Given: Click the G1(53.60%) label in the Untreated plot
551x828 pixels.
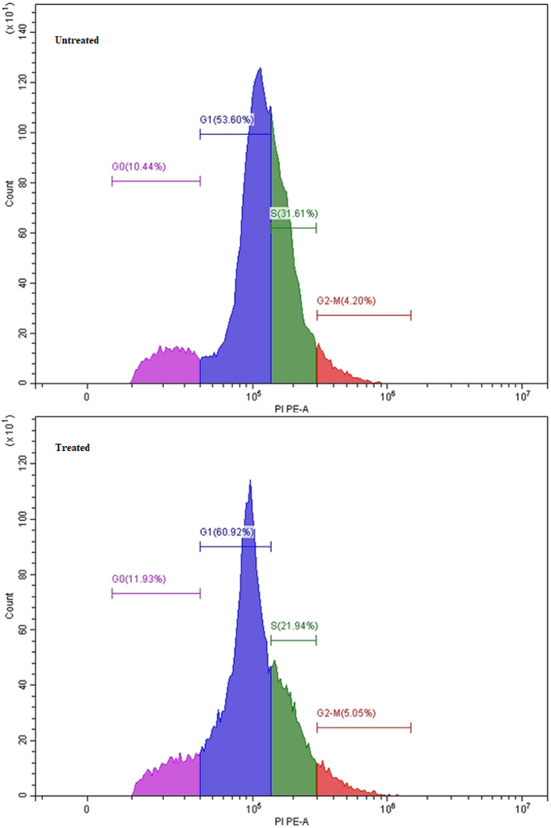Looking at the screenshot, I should click(x=227, y=120).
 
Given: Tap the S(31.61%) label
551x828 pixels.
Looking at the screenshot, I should click(x=294, y=214).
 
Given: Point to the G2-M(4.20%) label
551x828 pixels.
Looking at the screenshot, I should click(x=346, y=301).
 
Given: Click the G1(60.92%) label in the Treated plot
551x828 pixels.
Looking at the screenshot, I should click(x=227, y=532).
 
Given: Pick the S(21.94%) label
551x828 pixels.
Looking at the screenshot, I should click(x=294, y=625).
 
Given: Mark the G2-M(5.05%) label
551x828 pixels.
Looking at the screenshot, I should click(x=346, y=713).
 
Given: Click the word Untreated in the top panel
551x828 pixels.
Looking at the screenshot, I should click(x=77, y=40).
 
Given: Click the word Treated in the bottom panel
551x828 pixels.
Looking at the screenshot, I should click(x=72, y=448).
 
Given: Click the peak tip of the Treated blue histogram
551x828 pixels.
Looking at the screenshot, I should click(x=250, y=482).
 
